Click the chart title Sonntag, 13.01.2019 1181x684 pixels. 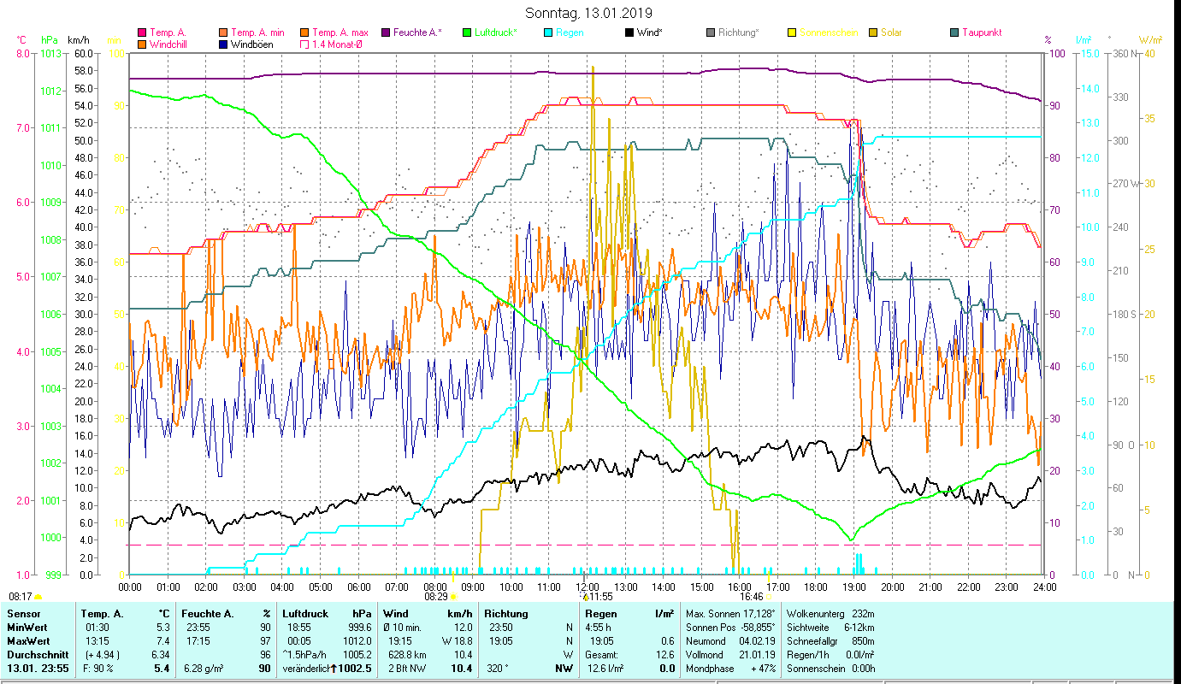point(588,13)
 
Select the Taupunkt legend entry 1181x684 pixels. point(981,32)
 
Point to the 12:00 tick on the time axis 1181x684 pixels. point(588,587)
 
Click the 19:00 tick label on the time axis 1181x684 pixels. point(854,587)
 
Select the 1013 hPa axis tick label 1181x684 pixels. point(51,53)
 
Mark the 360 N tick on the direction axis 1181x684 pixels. point(1122,53)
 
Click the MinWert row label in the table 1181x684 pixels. point(28,627)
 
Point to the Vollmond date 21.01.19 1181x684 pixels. point(759,654)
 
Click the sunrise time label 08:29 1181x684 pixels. point(435,597)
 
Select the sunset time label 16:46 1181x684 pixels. point(752,597)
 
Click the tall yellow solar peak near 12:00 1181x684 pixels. point(593,68)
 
